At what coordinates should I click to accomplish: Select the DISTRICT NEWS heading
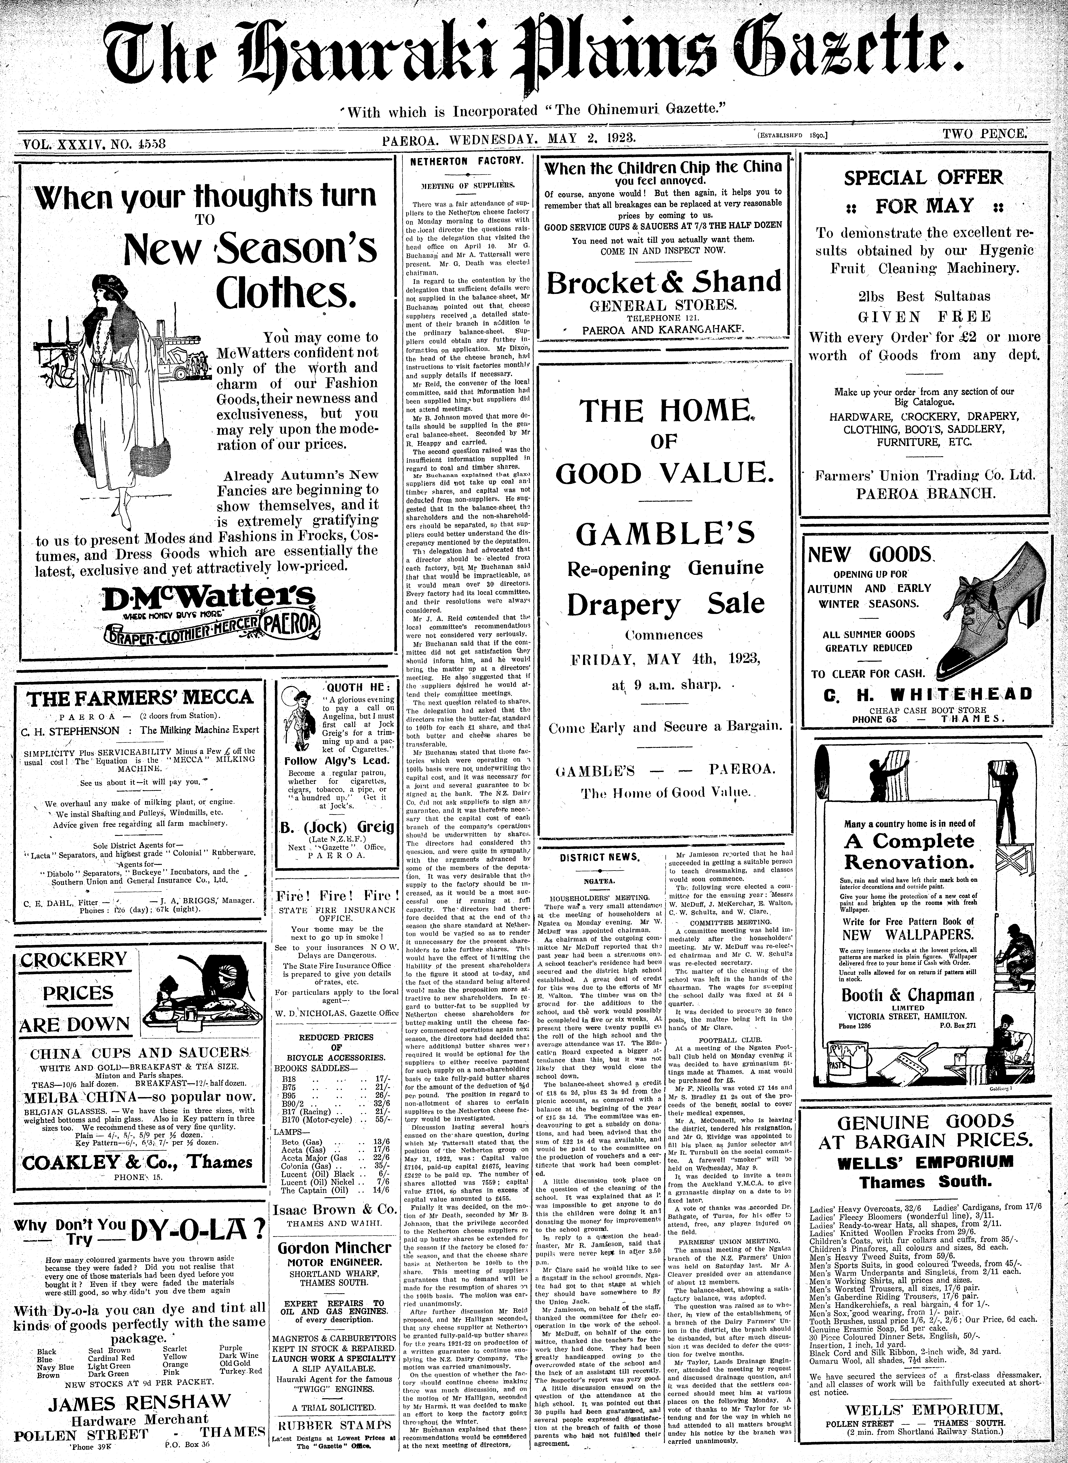click(599, 857)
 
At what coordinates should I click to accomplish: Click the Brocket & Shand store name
click(664, 282)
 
